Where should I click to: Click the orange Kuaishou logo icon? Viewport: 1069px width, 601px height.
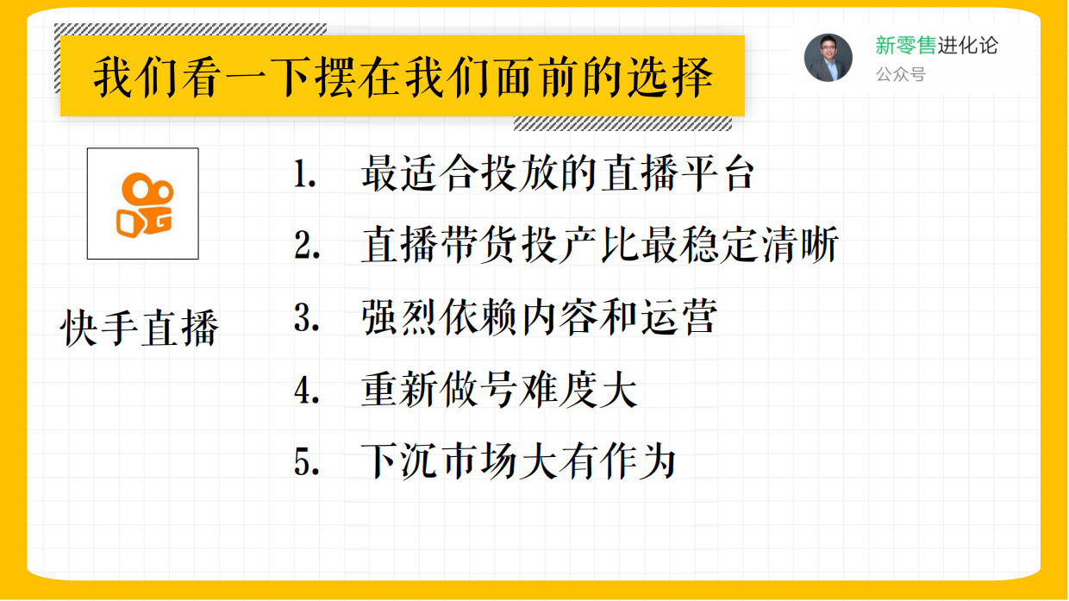143,203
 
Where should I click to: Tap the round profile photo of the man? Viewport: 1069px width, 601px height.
828,58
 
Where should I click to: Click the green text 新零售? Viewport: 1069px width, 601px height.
905,46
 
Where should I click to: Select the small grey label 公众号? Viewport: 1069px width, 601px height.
900,75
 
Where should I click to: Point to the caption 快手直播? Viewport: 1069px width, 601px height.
141,329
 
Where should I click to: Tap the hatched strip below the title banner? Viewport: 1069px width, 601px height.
622,123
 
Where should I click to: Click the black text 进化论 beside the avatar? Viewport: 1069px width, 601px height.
968,46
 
